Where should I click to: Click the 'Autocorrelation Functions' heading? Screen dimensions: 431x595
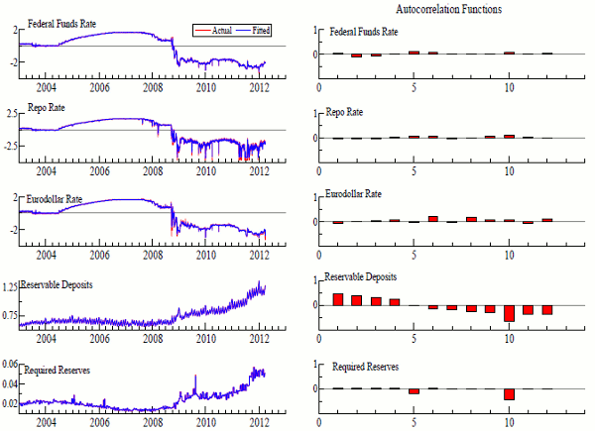[x=448, y=9]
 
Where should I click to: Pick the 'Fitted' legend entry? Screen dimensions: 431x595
[x=260, y=32]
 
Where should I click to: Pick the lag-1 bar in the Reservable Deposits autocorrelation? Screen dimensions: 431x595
[x=337, y=298]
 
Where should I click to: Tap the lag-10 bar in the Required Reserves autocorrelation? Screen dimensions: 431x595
[x=509, y=393]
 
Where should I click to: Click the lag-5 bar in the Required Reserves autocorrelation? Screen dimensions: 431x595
[x=414, y=391]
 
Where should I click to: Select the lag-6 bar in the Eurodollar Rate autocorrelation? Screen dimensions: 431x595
[x=432, y=218]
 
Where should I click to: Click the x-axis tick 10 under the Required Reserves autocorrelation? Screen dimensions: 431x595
[x=509, y=424]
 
